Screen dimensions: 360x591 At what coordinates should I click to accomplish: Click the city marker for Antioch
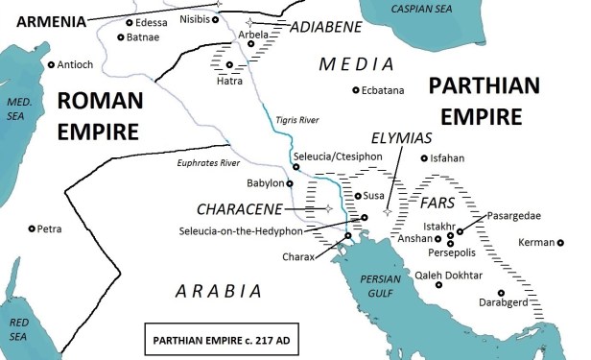point(51,65)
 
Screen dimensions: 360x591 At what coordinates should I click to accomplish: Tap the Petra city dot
point(32,228)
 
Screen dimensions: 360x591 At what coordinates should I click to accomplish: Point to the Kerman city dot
point(561,242)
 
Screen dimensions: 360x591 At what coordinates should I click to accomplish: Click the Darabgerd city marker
point(500,293)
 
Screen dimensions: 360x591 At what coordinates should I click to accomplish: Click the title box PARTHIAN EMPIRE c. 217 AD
point(204,338)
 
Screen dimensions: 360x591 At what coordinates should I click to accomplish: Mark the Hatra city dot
point(229,64)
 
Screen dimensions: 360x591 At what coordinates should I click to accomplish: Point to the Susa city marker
point(355,196)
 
